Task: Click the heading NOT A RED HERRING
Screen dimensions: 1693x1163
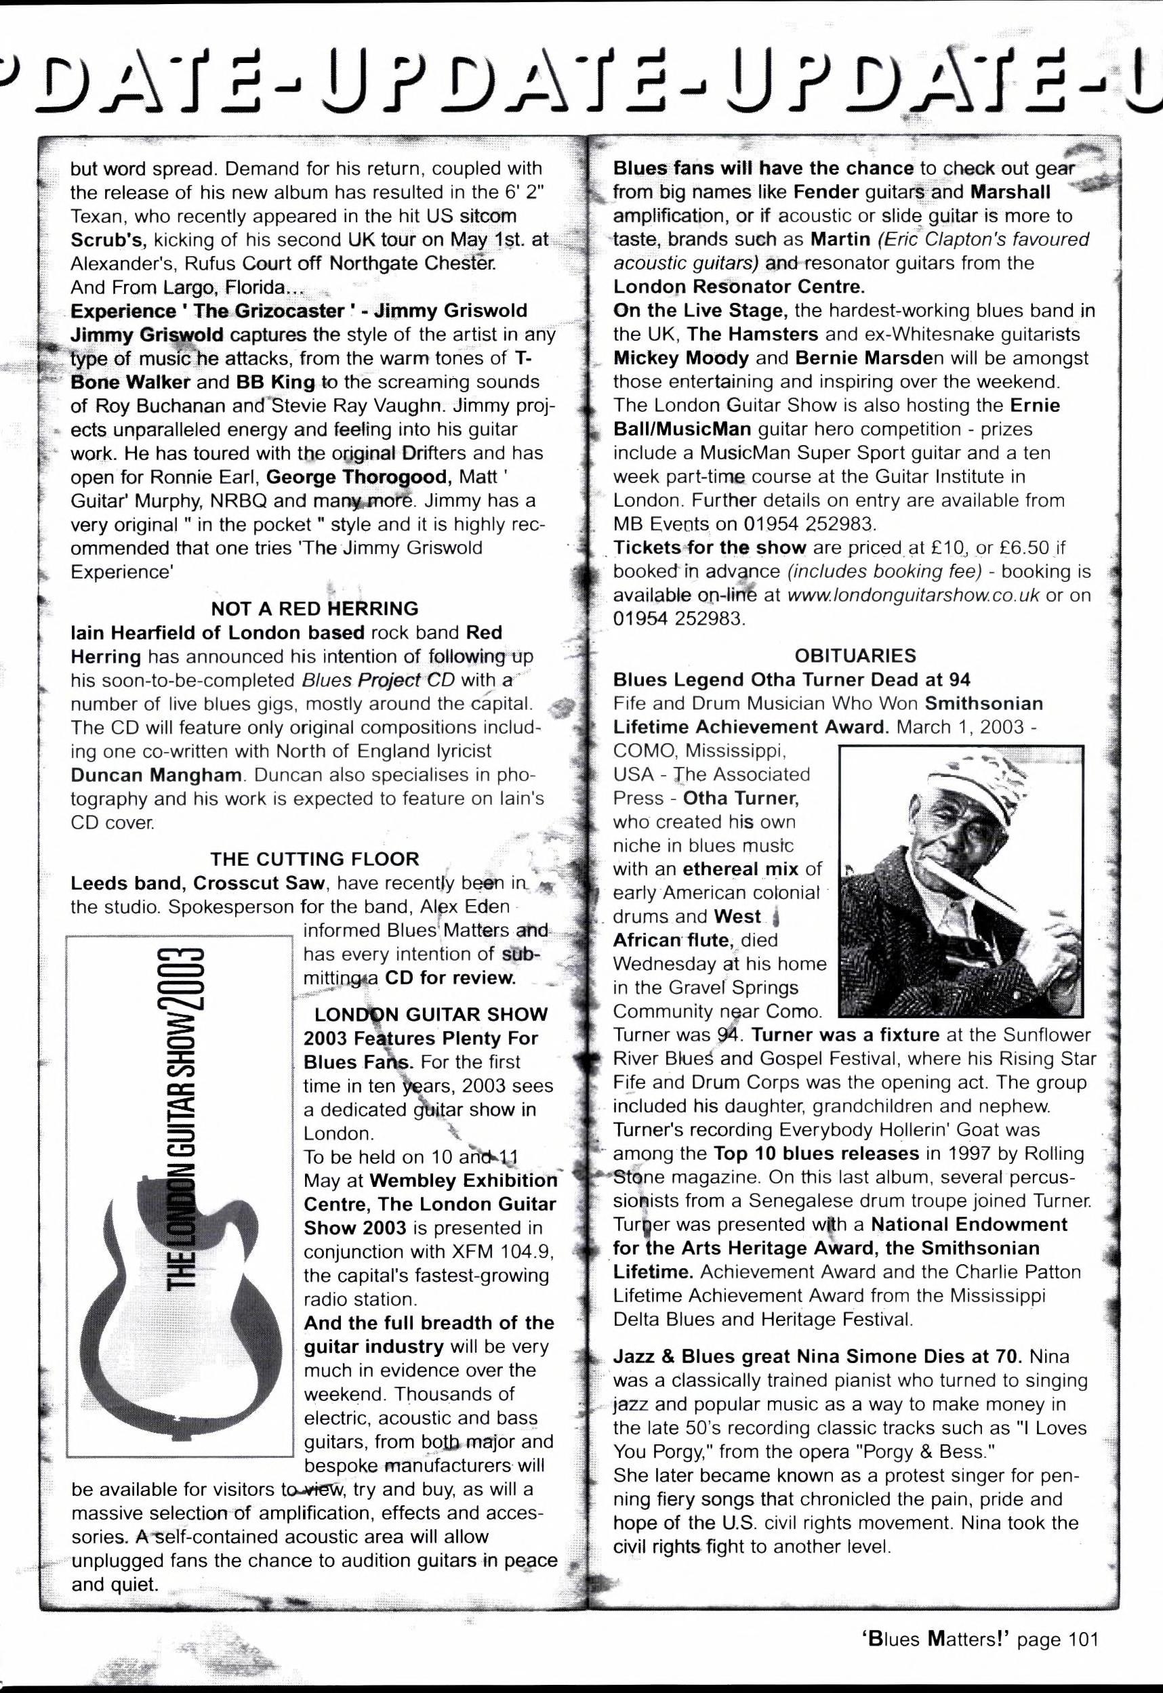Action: click(x=314, y=608)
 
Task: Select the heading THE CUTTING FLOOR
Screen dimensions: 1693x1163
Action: click(x=314, y=859)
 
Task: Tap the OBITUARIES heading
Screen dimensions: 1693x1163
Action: click(x=855, y=655)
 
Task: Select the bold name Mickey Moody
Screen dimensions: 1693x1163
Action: click(x=680, y=358)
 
